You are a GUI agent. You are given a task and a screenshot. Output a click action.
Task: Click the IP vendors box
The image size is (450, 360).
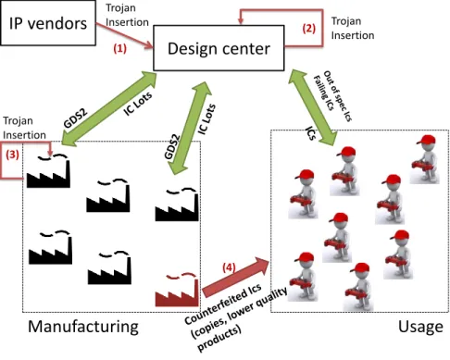click(x=48, y=23)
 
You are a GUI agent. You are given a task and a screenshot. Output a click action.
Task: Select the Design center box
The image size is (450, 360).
click(x=219, y=48)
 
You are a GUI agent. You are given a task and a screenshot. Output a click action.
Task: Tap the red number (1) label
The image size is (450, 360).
click(x=119, y=48)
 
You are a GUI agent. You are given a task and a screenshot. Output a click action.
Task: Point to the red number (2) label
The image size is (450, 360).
click(x=308, y=29)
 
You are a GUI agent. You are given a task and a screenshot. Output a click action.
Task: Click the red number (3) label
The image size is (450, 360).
click(x=12, y=155)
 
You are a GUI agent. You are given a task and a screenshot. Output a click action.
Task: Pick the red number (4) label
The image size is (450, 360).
click(x=229, y=267)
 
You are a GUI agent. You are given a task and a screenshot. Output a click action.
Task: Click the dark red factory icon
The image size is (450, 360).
click(x=177, y=290)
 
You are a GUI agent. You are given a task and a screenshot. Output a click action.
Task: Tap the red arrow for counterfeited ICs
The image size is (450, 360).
click(x=235, y=277)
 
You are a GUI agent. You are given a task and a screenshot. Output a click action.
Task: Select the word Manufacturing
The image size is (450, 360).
click(x=83, y=327)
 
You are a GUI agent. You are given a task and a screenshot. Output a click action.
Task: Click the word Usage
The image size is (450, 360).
click(x=420, y=327)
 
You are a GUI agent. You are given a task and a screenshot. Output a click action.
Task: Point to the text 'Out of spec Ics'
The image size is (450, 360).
click(x=338, y=96)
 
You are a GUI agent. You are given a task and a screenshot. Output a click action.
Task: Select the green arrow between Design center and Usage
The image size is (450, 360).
click(x=313, y=107)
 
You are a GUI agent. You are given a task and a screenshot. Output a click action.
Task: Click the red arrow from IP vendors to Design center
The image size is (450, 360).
click(x=125, y=36)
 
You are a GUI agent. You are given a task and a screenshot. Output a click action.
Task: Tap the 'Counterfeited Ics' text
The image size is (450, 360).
click(x=223, y=304)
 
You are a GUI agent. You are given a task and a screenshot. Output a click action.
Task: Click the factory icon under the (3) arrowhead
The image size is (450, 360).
click(x=48, y=170)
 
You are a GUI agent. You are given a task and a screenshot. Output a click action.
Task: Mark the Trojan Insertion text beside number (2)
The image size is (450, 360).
click(x=353, y=28)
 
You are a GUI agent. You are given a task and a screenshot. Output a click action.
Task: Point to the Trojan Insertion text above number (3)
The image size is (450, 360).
click(x=24, y=128)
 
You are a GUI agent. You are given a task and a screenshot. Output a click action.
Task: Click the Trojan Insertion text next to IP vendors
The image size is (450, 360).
click(x=127, y=15)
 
